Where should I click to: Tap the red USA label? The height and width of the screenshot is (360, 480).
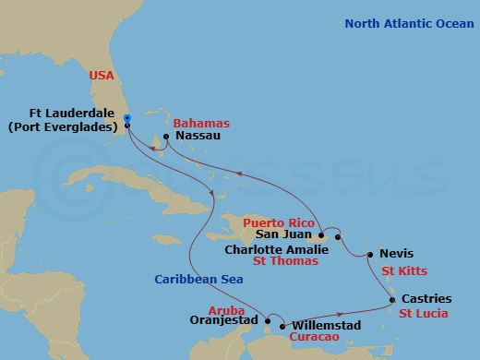pos(102,75)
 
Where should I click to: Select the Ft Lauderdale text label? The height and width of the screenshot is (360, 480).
pos(68,114)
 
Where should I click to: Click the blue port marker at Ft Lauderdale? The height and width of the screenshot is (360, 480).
pos(126,117)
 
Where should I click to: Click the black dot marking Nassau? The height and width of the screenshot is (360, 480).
pos(165,138)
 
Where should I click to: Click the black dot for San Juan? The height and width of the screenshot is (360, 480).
pos(320,234)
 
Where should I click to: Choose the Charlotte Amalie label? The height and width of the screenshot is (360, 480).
pos(275,248)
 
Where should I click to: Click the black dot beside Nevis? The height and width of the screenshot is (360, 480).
pos(369,254)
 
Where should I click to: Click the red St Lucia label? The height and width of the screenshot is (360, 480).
pos(424,313)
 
